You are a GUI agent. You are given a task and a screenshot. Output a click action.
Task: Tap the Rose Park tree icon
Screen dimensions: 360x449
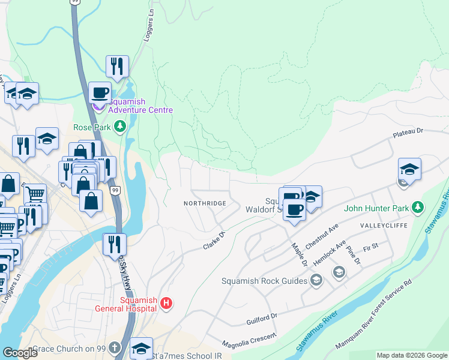click(120, 127)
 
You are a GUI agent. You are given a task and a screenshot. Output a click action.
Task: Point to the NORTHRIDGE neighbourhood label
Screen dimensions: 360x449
click(205, 203)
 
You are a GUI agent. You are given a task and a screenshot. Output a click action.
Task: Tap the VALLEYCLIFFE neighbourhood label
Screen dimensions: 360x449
click(384, 225)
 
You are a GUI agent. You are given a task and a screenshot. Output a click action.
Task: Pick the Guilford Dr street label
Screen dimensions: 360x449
click(262, 319)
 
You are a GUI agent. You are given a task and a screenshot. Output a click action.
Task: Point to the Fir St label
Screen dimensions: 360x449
click(370, 247)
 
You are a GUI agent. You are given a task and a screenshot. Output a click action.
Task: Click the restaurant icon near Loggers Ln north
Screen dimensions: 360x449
click(117, 66)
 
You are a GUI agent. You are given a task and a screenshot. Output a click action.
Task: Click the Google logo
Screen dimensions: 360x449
click(20, 353)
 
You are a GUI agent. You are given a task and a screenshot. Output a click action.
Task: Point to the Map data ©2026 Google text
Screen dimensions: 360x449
click(411, 355)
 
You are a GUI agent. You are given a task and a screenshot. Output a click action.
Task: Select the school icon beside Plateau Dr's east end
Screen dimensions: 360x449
click(409, 169)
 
